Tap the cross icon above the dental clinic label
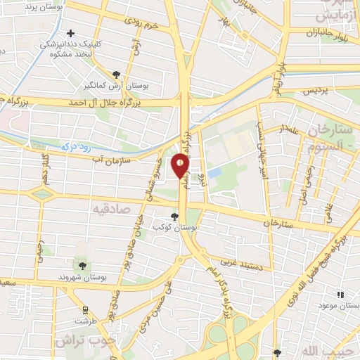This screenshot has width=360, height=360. tap(70, 33)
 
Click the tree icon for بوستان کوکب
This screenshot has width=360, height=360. tap(174, 217)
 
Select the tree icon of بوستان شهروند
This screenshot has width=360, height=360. tap(82, 265)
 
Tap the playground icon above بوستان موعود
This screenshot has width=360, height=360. tap(340, 295)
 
